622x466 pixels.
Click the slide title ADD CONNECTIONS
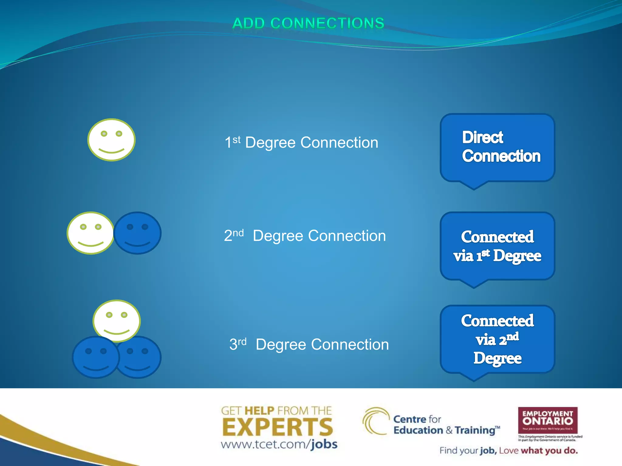[308, 23]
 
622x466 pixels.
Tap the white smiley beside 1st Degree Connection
[111, 140]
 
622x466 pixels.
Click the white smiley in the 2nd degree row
[90, 233]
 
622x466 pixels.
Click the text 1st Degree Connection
[301, 143]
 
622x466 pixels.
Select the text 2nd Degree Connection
[305, 236]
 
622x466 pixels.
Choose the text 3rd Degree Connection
[309, 344]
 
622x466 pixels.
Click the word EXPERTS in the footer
[278, 427]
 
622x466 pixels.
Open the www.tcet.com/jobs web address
[279, 444]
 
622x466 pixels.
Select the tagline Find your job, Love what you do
[508, 451]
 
